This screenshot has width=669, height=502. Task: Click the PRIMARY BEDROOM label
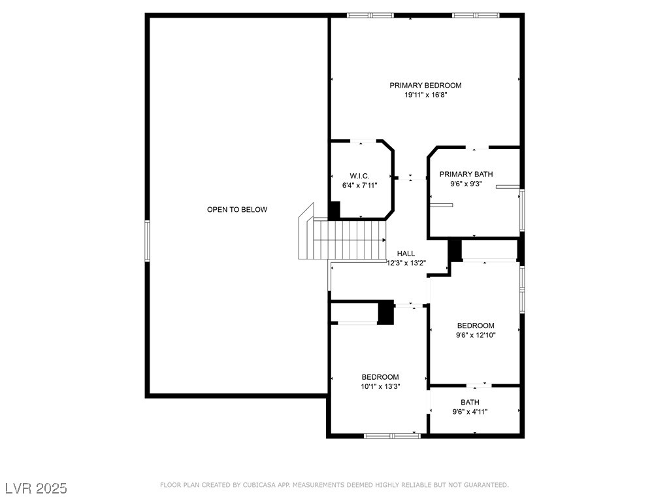click(x=425, y=86)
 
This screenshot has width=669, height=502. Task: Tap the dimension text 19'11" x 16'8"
click(x=425, y=95)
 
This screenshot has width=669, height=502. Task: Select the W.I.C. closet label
click(x=359, y=176)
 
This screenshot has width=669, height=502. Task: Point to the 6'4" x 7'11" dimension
click(x=359, y=186)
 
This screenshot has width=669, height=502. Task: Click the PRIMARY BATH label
click(x=466, y=174)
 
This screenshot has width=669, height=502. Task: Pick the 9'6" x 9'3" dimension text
click(x=466, y=184)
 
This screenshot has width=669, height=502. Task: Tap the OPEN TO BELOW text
click(x=237, y=210)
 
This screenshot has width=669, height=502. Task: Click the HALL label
click(x=406, y=254)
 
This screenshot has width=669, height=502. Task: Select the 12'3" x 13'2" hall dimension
click(x=406, y=263)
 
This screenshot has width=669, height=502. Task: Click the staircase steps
click(x=350, y=239)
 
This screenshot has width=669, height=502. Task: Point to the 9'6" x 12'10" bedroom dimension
click(x=475, y=335)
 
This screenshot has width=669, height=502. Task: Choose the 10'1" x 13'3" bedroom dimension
click(x=380, y=386)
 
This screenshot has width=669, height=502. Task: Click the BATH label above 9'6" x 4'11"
click(x=470, y=402)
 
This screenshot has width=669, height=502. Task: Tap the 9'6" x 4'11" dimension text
click(x=470, y=412)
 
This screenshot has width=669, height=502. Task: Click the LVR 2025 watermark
click(x=36, y=488)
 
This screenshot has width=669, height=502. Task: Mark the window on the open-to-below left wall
click(x=147, y=241)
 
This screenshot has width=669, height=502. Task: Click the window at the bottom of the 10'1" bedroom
click(x=392, y=435)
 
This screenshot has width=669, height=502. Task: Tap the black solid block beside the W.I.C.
click(x=334, y=210)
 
